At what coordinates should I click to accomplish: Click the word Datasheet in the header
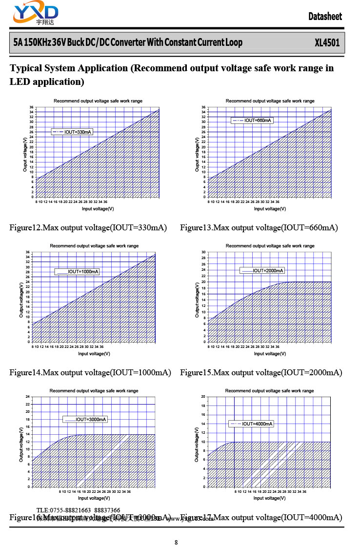pyautogui.click(x=325, y=17)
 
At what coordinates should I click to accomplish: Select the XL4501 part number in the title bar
pyautogui.click(x=327, y=42)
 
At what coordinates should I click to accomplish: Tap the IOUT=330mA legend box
pyautogui.click(x=72, y=132)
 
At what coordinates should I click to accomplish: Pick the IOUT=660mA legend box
pyautogui.click(x=252, y=120)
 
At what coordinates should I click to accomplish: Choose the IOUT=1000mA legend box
pyautogui.click(x=77, y=271)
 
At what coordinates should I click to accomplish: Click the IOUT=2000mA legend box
pyautogui.click(x=261, y=270)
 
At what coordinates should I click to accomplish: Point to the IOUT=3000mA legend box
pyautogui.click(x=85, y=419)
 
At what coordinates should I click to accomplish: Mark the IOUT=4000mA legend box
pyautogui.click(x=251, y=424)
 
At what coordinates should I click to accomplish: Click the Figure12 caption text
pyautogui.click(x=88, y=227)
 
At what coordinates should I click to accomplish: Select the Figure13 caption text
pyautogui.click(x=259, y=227)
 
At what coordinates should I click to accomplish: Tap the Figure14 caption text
pyautogui.click(x=90, y=372)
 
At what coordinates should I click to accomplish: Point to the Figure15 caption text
pyautogui.click(x=261, y=372)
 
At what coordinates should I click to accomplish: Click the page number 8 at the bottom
pyautogui.click(x=176, y=542)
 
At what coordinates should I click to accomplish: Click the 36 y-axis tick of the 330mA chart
pyautogui.click(x=31, y=107)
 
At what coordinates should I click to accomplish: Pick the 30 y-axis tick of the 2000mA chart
pyautogui.click(x=203, y=252)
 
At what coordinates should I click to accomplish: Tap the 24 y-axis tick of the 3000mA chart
pyautogui.click(x=28, y=397)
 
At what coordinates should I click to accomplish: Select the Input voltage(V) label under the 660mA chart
pyautogui.click(x=270, y=208)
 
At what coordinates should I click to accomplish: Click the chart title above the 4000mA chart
pyautogui.click(x=269, y=391)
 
